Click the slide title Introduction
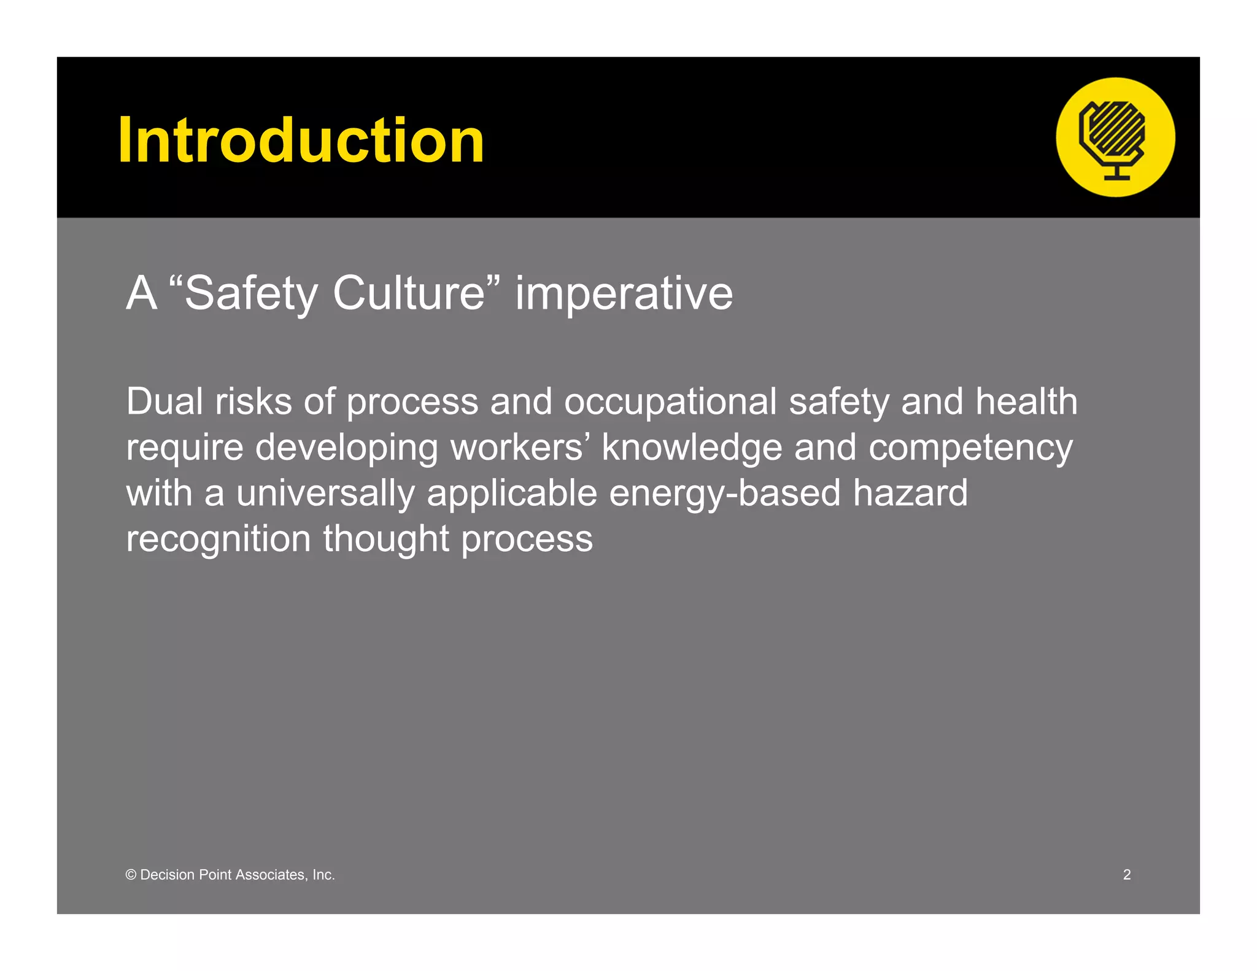(301, 141)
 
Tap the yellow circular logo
(1115, 137)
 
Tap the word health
(1026, 402)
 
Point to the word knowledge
(692, 447)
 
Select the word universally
(325, 494)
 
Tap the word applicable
(512, 494)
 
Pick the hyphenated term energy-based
(724, 494)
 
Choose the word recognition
(219, 540)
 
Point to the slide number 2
(1127, 875)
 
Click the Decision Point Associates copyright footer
(230, 875)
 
